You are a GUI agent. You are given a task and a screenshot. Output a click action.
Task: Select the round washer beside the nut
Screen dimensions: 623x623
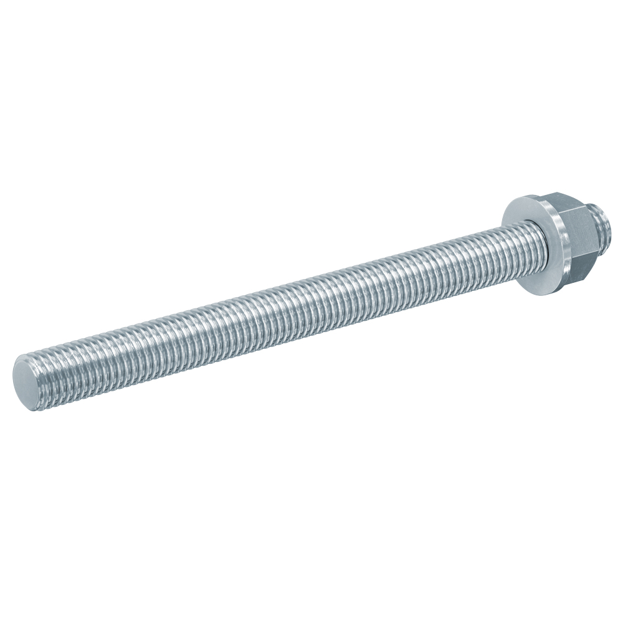pyautogui.click(x=536, y=243)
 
